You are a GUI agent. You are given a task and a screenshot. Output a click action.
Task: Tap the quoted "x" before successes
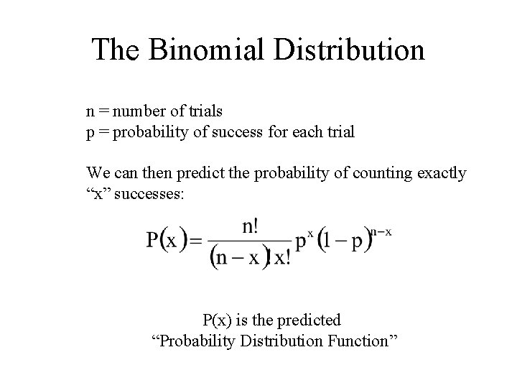98,194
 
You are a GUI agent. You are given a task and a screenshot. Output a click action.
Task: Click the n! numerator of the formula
251,226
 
